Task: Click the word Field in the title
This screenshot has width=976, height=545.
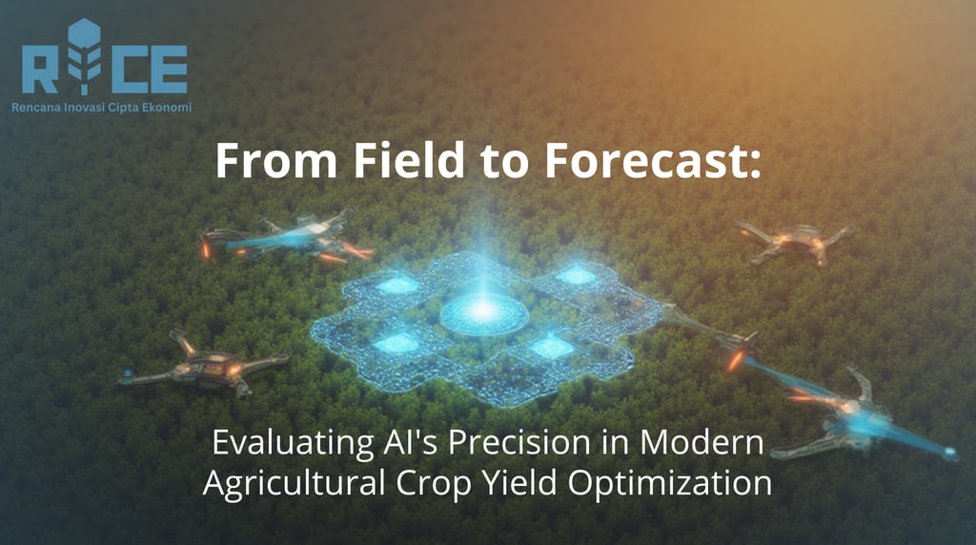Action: [410, 160]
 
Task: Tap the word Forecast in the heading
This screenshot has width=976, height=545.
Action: [653, 160]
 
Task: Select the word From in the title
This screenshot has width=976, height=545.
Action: [276, 161]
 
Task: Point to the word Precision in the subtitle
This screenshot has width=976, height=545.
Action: [519, 442]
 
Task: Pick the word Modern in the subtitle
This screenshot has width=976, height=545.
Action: [701, 442]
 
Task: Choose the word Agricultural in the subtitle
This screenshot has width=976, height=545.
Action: [294, 483]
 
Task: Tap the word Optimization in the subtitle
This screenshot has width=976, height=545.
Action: [670, 483]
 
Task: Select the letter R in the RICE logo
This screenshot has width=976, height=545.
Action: [40, 69]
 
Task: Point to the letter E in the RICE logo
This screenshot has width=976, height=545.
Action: [166, 69]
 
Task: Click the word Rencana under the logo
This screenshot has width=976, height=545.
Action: [36, 108]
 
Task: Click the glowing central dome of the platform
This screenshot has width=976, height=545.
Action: [483, 312]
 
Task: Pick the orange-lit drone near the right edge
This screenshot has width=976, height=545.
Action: [793, 240]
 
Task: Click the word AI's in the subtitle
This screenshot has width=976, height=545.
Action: [412, 442]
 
